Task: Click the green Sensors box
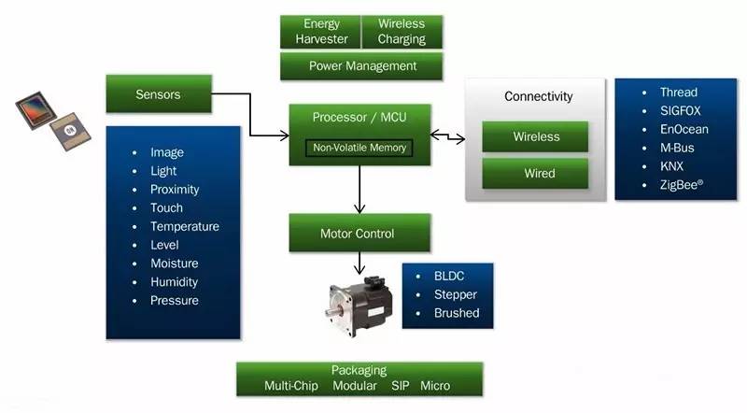158,93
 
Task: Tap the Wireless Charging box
402,31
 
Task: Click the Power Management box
362,66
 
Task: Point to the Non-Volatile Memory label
359,148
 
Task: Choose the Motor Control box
359,233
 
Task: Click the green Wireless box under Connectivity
535,136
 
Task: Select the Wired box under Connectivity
535,173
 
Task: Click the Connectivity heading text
538,96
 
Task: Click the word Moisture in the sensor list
174,263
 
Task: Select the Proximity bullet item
176,190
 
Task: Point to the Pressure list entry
174,301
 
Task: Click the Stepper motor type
457,295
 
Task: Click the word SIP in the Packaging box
400,385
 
